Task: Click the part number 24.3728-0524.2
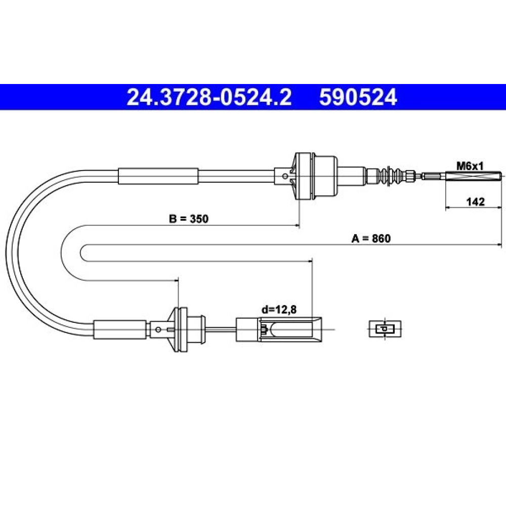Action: tap(209, 97)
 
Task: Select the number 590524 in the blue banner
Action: tap(358, 97)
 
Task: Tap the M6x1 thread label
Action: tap(470, 166)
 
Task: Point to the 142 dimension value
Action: tap(476, 202)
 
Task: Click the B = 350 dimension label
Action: tap(189, 219)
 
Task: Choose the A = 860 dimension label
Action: tap(371, 238)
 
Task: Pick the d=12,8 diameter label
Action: tap(279, 310)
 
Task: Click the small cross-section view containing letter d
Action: tap(385, 329)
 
